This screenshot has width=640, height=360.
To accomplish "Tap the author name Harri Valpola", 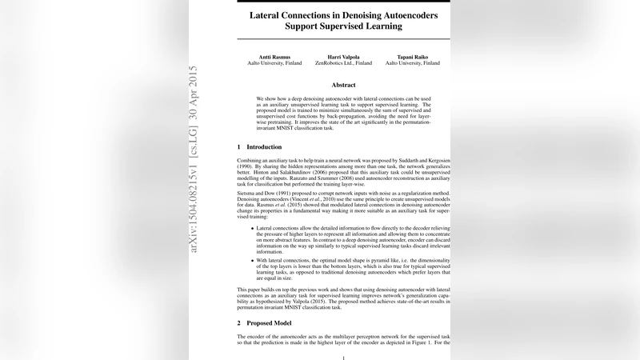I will (343, 56).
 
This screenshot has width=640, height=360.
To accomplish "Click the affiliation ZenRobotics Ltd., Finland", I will (343, 63).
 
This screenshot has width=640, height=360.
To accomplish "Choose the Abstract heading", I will (343, 85).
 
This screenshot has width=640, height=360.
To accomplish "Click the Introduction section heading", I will (264, 147).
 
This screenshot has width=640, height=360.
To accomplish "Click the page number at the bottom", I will (343, 357).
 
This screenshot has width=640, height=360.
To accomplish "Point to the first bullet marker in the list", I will (253, 228).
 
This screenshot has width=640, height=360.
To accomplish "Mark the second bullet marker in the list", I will (253, 261).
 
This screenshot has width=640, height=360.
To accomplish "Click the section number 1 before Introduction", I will (239, 147).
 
